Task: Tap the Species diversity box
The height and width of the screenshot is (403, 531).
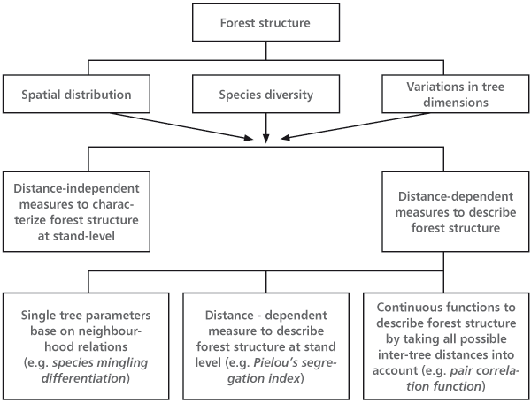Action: tap(265, 92)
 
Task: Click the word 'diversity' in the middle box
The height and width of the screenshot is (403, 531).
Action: tap(289, 92)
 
